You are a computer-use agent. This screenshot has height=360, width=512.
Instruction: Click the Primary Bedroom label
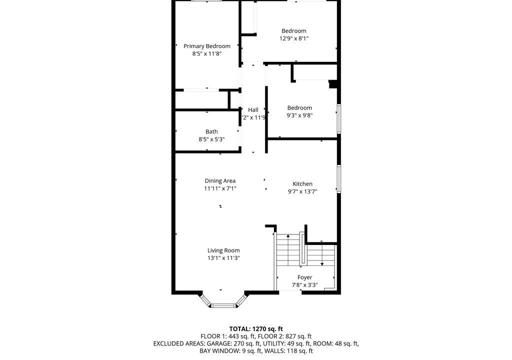(206, 46)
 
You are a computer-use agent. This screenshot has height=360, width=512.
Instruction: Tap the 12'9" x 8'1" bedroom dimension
(294, 38)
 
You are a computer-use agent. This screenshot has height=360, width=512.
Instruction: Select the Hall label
(253, 110)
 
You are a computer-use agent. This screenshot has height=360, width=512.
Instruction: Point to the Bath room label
(211, 131)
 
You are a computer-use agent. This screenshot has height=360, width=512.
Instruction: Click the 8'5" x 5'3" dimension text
(211, 139)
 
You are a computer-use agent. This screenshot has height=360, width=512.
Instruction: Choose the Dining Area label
(220, 180)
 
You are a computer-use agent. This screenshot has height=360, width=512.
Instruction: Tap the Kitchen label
(302, 184)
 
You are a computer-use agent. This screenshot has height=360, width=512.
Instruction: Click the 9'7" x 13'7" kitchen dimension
(302, 191)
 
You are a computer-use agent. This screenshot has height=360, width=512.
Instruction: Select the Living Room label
(223, 250)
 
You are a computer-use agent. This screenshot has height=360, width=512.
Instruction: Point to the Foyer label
(304, 277)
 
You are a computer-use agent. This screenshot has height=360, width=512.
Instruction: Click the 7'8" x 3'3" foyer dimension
(304, 285)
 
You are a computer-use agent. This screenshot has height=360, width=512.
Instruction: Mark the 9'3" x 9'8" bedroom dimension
(300, 115)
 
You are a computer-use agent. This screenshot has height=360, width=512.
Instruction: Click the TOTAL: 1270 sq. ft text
(256, 329)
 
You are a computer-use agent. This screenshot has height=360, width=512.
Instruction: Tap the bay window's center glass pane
(223, 306)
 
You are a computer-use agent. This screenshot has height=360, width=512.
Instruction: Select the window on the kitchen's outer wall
(339, 178)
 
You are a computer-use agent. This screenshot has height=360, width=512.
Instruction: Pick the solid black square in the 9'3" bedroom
(332, 84)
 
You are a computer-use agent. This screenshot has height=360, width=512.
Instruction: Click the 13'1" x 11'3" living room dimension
(223, 258)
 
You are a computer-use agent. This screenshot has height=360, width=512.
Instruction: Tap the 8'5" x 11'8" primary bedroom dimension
(207, 53)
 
